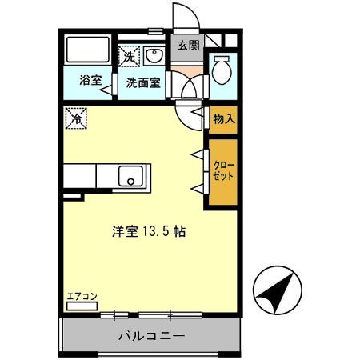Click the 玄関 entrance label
pos(188,46)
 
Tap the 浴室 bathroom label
pos(90,82)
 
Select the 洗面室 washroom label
pos(142,82)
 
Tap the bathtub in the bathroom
pos(88,52)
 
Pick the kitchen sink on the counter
pos(131,175)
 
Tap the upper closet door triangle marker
pos(196,153)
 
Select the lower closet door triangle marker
pos(196,187)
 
